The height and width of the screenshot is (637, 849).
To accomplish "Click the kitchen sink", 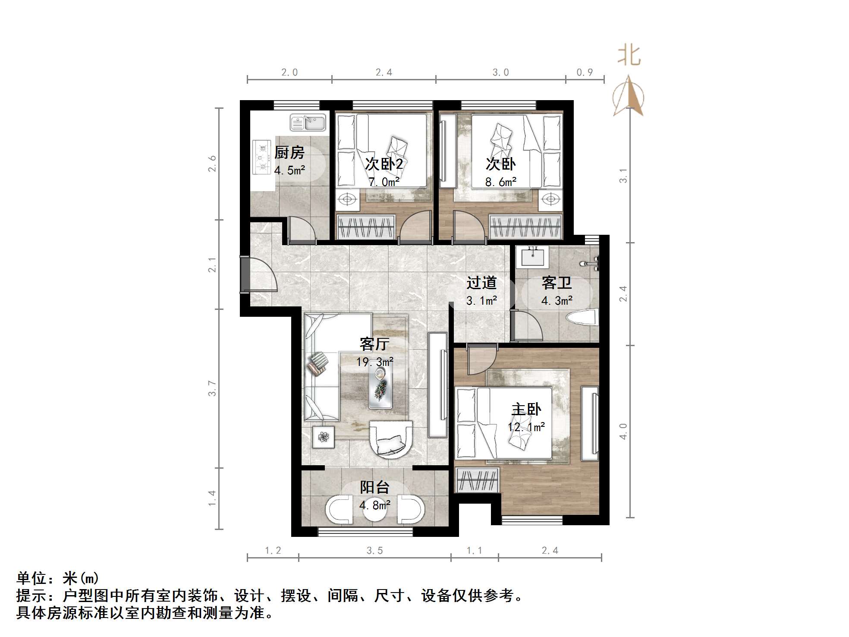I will coord(308,122).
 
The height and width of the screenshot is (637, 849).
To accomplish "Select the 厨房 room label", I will coord(289,152).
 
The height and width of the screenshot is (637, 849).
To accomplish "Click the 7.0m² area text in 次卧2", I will coord(384,182).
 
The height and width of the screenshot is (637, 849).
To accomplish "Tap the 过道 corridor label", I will coord(481,283).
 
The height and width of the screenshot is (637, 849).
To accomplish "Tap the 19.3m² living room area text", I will coord(374,362).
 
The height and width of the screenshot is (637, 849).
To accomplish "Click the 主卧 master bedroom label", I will coord(526,409).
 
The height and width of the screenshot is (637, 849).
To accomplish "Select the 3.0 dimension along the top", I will coord(500,73).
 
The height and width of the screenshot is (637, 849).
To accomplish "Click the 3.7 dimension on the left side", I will coord(212,388).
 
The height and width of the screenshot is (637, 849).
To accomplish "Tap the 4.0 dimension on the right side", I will coord(623,431).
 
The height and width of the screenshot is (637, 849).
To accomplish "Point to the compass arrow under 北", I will coord(629,97).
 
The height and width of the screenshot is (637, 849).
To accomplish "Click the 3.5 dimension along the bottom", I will coord(374,550).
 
